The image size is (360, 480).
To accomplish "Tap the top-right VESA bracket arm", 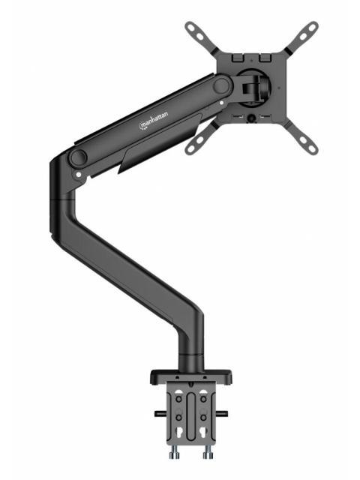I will point(302,35).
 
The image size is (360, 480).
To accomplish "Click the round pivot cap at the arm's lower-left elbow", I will point(77,158).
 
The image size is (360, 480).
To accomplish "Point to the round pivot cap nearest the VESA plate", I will point(221,86).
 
